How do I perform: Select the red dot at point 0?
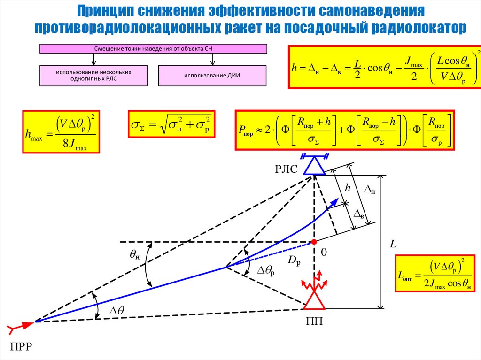coord(313,242)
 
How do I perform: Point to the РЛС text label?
coord(286,169)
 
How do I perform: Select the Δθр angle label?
coord(265,271)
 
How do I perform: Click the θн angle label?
coord(135,255)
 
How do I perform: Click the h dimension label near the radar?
coord(348,188)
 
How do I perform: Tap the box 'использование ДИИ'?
coord(212,76)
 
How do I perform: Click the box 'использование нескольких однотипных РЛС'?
coord(93,76)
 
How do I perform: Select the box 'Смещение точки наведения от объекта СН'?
coord(153,48)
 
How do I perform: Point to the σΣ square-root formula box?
coord(171,124)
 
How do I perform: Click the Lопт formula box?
coord(434,279)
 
